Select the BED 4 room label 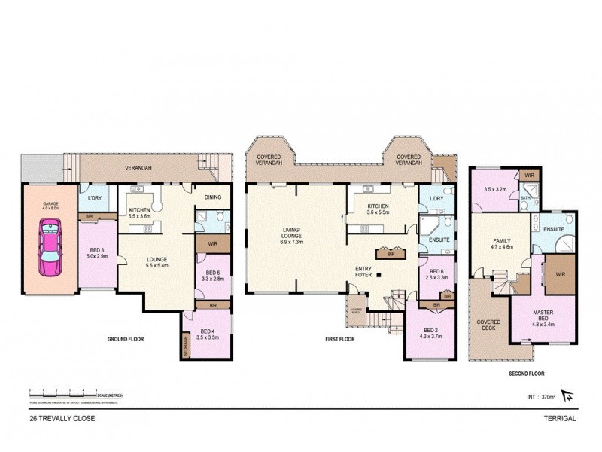pyautogui.click(x=208, y=334)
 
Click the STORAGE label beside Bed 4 pyautogui.click(x=185, y=344)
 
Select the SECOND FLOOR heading pyautogui.click(x=525, y=373)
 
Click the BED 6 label pyautogui.click(x=438, y=274)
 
